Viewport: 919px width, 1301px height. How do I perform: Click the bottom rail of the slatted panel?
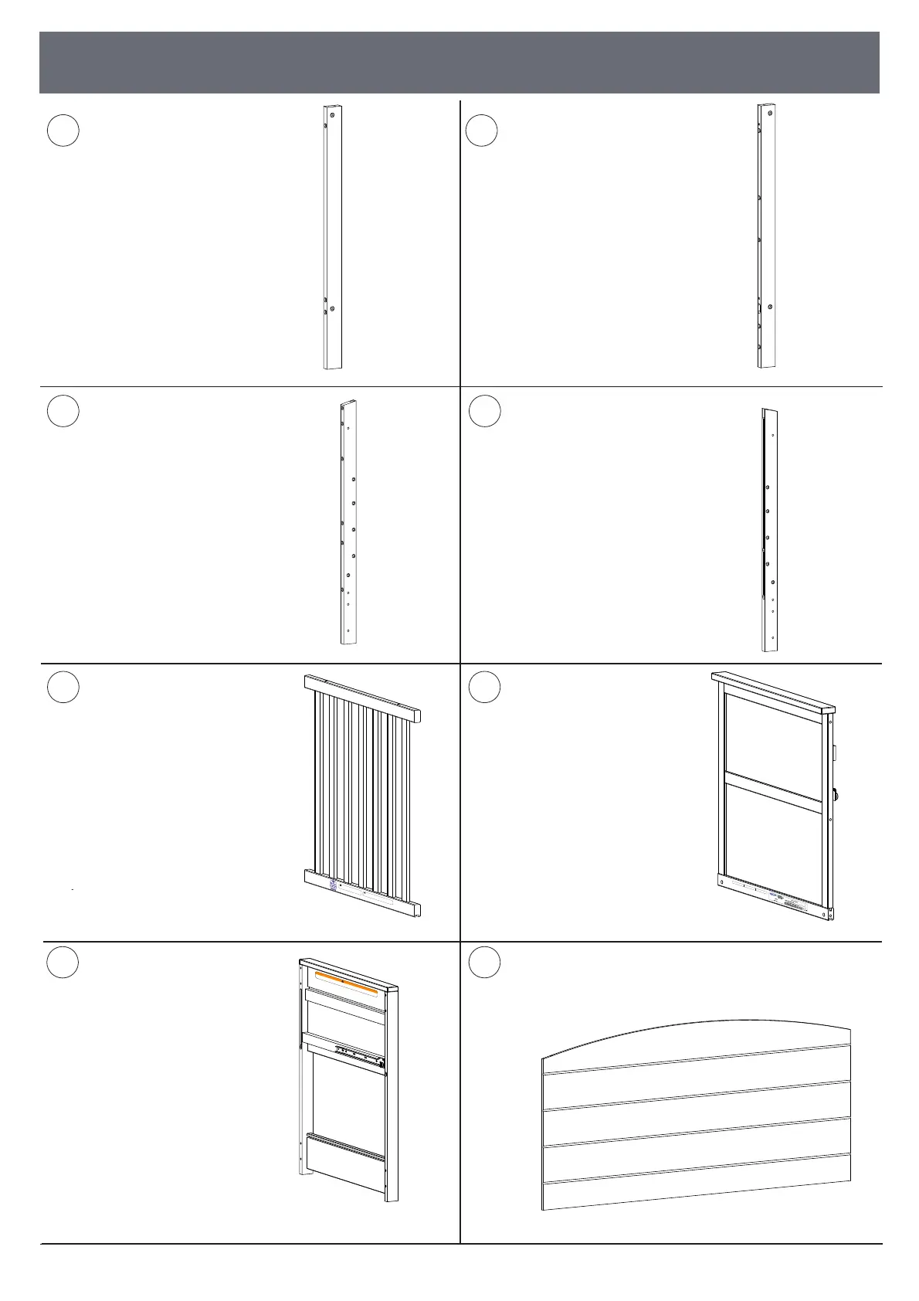[x=363, y=892]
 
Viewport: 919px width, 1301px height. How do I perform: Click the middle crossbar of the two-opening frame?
[x=773, y=792]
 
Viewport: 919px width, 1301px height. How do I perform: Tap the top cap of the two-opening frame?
[x=772, y=692]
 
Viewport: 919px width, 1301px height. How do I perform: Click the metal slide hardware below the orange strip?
[x=359, y=1055]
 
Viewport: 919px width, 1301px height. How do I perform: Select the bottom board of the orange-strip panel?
[x=344, y=1167]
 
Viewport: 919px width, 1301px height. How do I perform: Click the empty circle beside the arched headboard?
[x=484, y=963]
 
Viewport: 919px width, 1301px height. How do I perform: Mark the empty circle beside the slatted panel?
[x=63, y=687]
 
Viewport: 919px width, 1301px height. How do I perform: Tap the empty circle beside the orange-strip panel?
[x=63, y=963]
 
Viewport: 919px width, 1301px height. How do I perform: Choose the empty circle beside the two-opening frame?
[x=484, y=687]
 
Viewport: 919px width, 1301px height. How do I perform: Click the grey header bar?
[x=459, y=62]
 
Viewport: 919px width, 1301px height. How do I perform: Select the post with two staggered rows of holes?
[x=348, y=522]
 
